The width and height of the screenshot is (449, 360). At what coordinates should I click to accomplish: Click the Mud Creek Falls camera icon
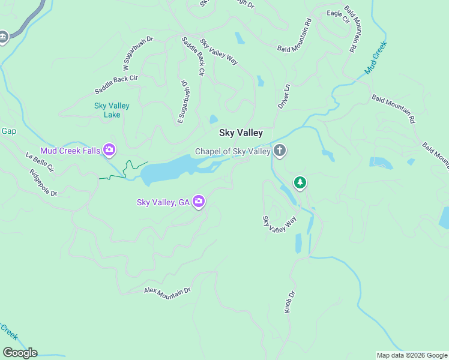109,149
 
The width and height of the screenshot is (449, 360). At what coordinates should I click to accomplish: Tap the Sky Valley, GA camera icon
199,202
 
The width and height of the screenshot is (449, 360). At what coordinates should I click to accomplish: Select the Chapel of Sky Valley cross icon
279,151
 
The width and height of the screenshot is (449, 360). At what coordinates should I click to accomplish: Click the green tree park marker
300,182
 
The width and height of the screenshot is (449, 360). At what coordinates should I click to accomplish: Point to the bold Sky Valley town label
241,133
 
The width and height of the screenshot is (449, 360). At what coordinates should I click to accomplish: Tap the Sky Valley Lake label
112,110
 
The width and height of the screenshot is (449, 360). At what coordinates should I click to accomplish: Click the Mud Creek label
376,58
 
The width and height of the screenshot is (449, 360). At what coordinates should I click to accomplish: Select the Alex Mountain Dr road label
167,290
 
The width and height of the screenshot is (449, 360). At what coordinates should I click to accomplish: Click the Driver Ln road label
283,96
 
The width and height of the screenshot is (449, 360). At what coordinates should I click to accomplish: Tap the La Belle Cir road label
40,161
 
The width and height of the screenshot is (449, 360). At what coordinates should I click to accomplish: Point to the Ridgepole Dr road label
43,183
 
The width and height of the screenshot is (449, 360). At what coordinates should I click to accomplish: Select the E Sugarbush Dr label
183,103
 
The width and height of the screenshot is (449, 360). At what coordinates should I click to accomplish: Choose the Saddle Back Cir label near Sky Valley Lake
116,85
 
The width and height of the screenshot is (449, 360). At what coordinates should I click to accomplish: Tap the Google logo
20,353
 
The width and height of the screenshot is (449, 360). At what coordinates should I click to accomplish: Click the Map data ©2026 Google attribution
412,355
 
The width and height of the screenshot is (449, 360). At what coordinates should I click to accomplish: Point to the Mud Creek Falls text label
70,150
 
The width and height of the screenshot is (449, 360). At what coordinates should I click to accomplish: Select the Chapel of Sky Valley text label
233,151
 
